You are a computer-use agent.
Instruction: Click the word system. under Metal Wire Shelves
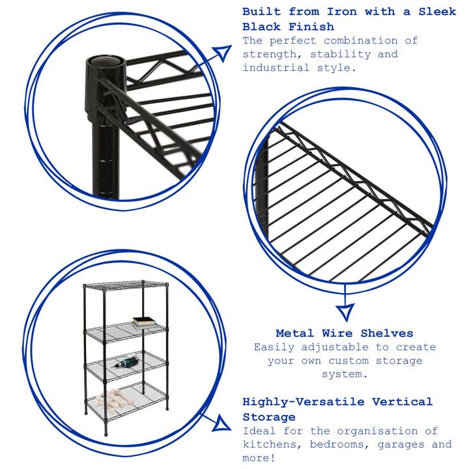point(345,375)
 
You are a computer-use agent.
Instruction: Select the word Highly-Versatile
point(302,402)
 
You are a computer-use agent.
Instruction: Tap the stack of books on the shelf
point(144,322)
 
